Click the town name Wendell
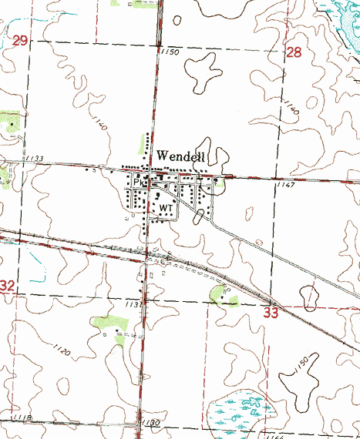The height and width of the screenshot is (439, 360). [181, 156]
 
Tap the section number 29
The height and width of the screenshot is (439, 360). [21, 39]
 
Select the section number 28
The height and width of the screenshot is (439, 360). [294, 52]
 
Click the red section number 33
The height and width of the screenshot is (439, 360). [271, 313]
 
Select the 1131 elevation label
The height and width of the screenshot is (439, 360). [134, 305]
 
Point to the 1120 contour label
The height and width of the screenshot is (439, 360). [63, 352]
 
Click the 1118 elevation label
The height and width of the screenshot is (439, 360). [22, 417]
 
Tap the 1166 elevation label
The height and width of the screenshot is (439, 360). [275, 436]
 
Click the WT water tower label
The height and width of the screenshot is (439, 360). [167, 208]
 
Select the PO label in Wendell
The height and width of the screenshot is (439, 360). [139, 183]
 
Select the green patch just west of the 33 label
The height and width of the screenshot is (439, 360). [224, 294]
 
